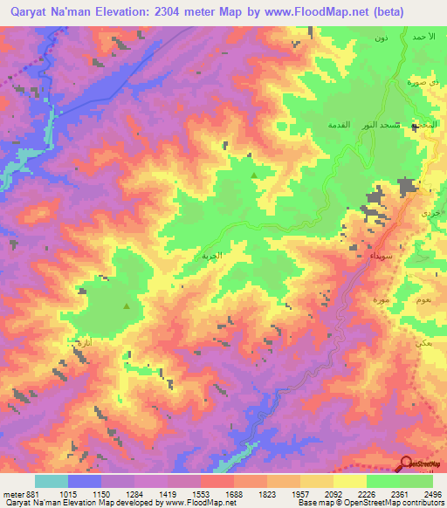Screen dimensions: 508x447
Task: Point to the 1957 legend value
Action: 300,494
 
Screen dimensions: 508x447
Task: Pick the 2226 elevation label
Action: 367,494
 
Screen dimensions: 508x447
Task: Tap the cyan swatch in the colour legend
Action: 52,481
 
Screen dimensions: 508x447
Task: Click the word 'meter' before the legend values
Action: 10,494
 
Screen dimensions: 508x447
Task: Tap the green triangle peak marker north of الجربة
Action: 254,175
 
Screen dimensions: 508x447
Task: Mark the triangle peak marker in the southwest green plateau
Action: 127,306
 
